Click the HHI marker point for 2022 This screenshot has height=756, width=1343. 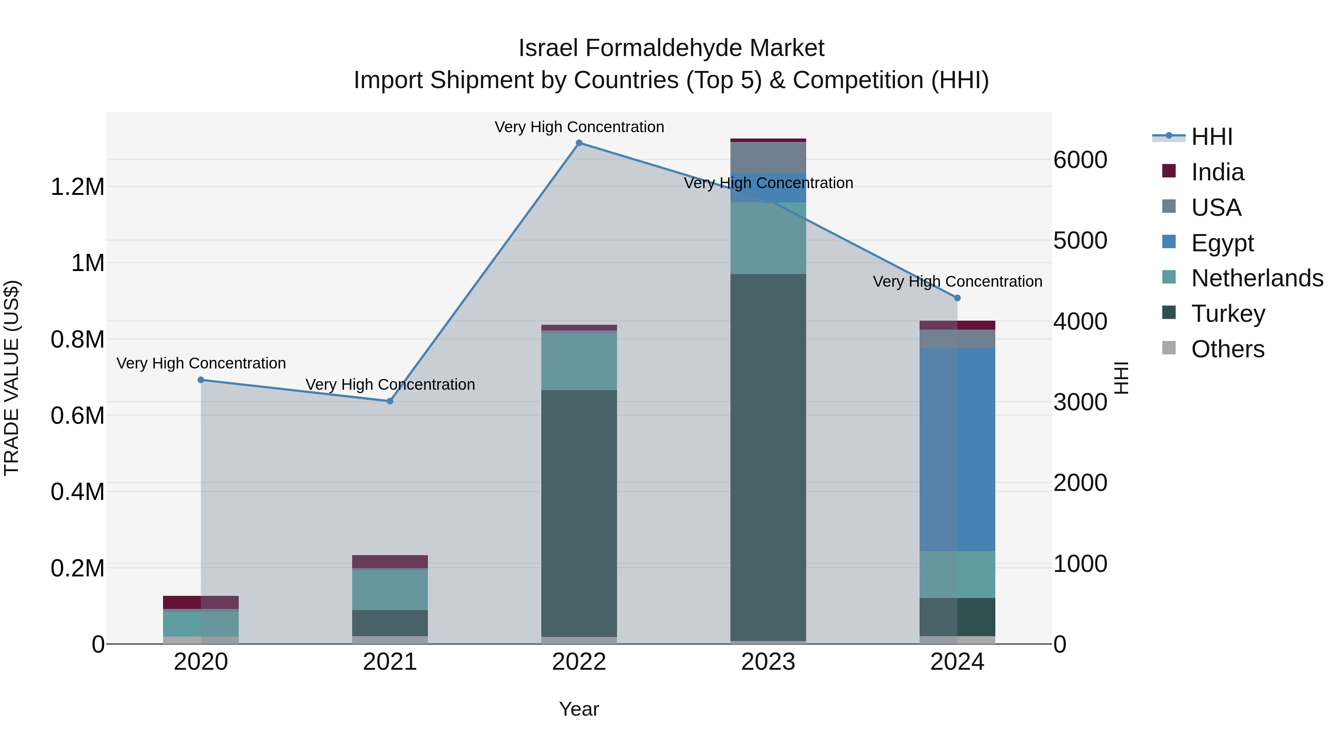(579, 143)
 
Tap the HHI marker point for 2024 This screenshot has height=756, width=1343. (957, 298)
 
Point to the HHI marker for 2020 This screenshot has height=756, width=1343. (201, 380)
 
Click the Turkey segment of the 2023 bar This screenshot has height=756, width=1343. (768, 457)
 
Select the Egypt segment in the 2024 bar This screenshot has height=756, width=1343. (957, 449)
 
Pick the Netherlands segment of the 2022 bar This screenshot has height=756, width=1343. (579, 361)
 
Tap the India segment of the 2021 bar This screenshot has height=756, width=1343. (389, 561)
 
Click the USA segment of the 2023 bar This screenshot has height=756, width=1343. (768, 158)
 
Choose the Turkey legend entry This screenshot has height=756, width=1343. (1228, 314)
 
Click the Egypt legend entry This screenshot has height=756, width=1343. (1222, 243)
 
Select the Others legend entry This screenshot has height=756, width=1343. (1227, 349)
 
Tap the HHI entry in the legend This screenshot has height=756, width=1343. (1212, 137)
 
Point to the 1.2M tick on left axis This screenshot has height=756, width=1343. (78, 187)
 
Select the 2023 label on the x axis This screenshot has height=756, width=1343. (768, 662)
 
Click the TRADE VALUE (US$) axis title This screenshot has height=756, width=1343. (12, 378)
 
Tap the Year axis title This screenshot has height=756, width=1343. (579, 709)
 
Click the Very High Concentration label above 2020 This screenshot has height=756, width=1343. (201, 363)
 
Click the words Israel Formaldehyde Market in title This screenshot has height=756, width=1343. (671, 48)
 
